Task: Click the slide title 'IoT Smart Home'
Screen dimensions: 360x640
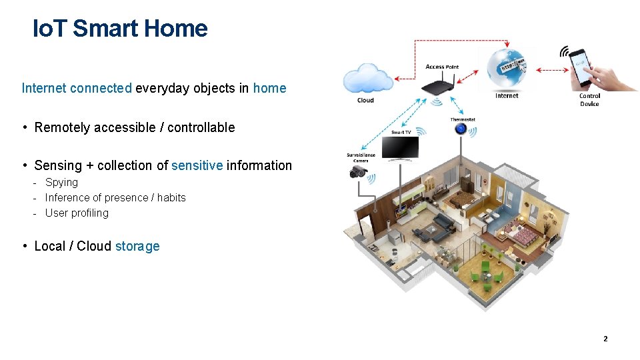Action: point(120,29)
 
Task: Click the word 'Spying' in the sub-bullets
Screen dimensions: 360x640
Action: point(61,182)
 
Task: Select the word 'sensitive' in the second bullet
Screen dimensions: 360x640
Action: point(197,165)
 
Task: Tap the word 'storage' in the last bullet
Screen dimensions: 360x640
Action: point(137,246)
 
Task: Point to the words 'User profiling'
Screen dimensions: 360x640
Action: point(77,213)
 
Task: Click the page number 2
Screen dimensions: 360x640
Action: point(605,339)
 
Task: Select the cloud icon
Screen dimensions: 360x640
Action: point(367,79)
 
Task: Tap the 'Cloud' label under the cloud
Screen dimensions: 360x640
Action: point(365,101)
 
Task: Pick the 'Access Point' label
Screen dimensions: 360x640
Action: point(442,67)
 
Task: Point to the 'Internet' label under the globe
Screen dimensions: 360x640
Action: point(507,96)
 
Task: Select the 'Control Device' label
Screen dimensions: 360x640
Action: point(589,100)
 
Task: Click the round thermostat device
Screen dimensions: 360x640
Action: point(461,129)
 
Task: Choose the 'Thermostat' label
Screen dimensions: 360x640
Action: point(462,120)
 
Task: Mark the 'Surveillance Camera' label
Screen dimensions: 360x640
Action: point(361,158)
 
